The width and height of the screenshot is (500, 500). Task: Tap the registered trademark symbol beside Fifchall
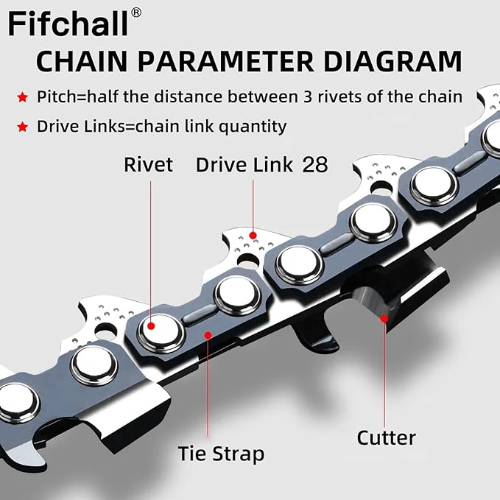pyautogui.click(x=136, y=13)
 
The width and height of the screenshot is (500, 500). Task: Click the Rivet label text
pyautogui.click(x=149, y=163)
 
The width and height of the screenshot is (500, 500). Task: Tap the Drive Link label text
pyautogui.click(x=244, y=163)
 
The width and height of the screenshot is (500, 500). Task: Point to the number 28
pyautogui.click(x=315, y=163)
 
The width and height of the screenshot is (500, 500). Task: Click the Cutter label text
pyautogui.click(x=386, y=437)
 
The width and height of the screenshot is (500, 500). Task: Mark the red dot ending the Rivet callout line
pyautogui.click(x=150, y=325)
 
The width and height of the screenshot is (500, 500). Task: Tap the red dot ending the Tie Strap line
pyautogui.click(x=208, y=335)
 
